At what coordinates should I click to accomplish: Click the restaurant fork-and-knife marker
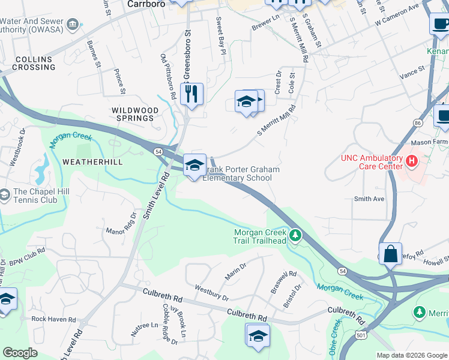point(191,94)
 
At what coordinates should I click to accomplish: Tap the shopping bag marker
point(390,253)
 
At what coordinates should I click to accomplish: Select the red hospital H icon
point(412,161)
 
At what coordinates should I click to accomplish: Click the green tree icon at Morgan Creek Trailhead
point(295,234)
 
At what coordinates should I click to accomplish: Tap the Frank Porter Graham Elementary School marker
point(194,166)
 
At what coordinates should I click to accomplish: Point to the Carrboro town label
point(146,4)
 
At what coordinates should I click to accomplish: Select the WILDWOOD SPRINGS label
point(135,114)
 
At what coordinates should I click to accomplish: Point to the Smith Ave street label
point(369,199)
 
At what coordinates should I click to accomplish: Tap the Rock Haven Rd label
point(53,320)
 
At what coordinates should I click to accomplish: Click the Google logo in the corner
point(20,353)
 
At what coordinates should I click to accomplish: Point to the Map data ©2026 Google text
point(411,355)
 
